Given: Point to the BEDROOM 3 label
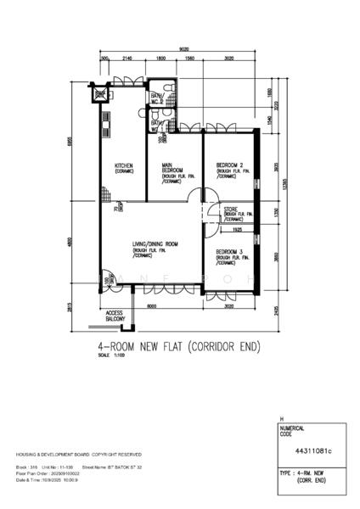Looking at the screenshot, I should click(x=230, y=252).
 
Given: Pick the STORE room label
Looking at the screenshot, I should click(x=231, y=209).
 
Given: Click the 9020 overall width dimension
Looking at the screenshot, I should click(x=183, y=49).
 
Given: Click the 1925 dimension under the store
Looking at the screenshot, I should click(x=239, y=229).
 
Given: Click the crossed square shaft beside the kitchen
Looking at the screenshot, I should click(x=101, y=94).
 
